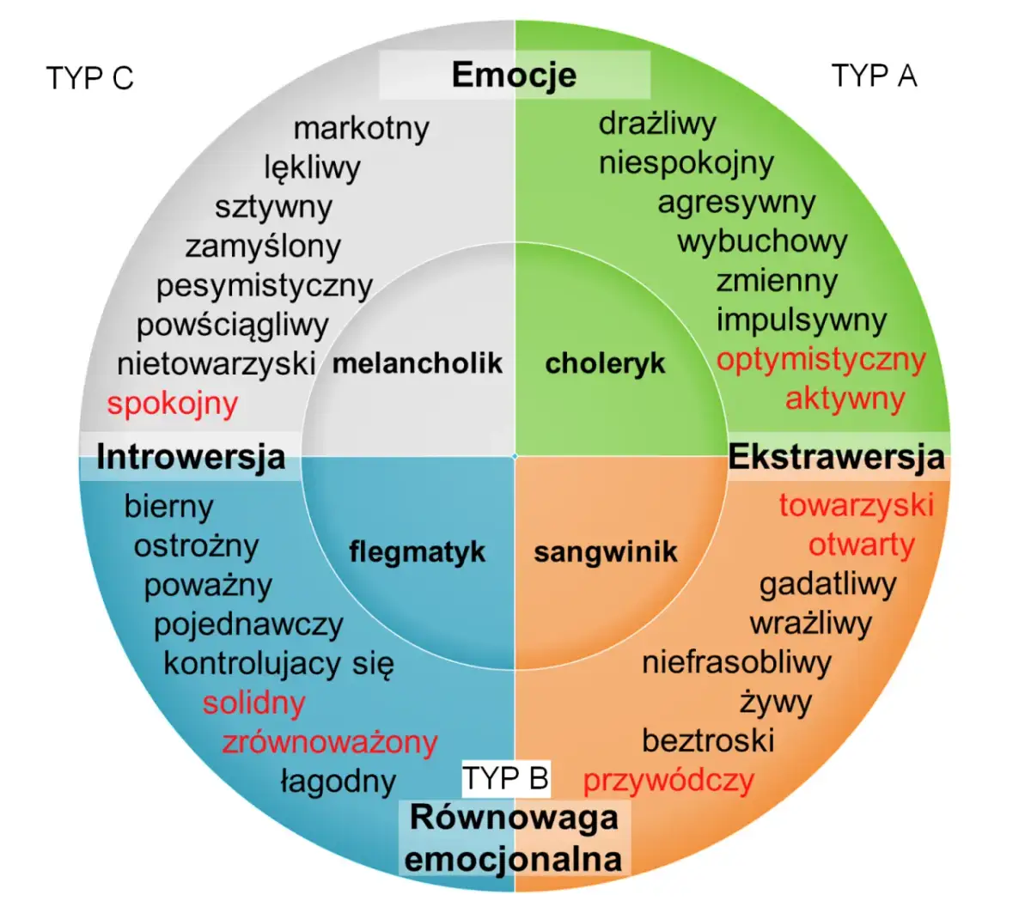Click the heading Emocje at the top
[514, 75]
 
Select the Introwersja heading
[191, 457]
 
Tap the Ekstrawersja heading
[836, 457]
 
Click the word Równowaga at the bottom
[514, 817]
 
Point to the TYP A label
[874, 76]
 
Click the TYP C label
[90, 78]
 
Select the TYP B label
[505, 778]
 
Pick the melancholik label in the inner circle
[418, 363]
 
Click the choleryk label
[605, 363]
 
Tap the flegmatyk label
[418, 551]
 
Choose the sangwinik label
[606, 551]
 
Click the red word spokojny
[172, 403]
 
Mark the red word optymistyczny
[821, 359]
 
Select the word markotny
[361, 128]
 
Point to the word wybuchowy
[762, 241]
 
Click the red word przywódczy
[668, 780]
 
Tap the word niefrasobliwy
[736, 662]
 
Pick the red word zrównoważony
[330, 742]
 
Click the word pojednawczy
[248, 624]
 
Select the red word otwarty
[861, 545]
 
